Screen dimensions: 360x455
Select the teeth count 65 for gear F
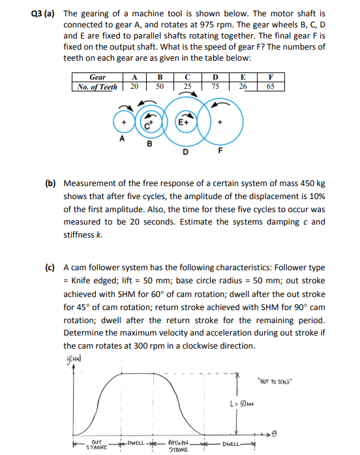[270, 87]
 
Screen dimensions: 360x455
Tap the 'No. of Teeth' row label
[97, 87]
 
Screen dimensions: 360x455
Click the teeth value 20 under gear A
[134, 87]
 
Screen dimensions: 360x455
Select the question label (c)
[50, 268]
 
